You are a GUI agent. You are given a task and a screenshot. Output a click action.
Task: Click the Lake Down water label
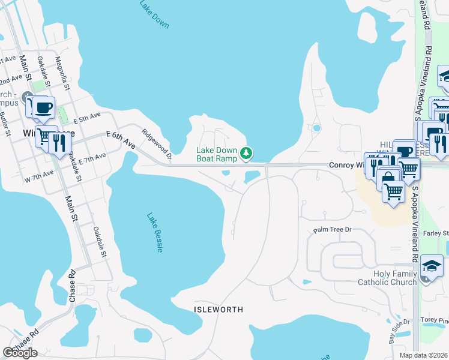tap(154, 14)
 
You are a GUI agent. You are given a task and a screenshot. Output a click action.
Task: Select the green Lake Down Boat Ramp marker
tap(246, 154)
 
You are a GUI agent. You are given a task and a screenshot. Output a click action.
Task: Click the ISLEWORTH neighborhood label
tap(219, 310)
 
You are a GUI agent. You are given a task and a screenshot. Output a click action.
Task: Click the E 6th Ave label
tap(121, 141)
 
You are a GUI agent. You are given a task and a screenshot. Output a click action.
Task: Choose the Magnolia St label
tap(62, 73)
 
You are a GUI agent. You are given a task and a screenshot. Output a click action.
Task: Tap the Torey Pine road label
tap(435, 320)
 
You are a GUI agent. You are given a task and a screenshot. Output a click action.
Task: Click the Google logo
tap(20, 352)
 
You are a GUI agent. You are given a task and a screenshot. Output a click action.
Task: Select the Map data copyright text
tap(424, 355)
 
